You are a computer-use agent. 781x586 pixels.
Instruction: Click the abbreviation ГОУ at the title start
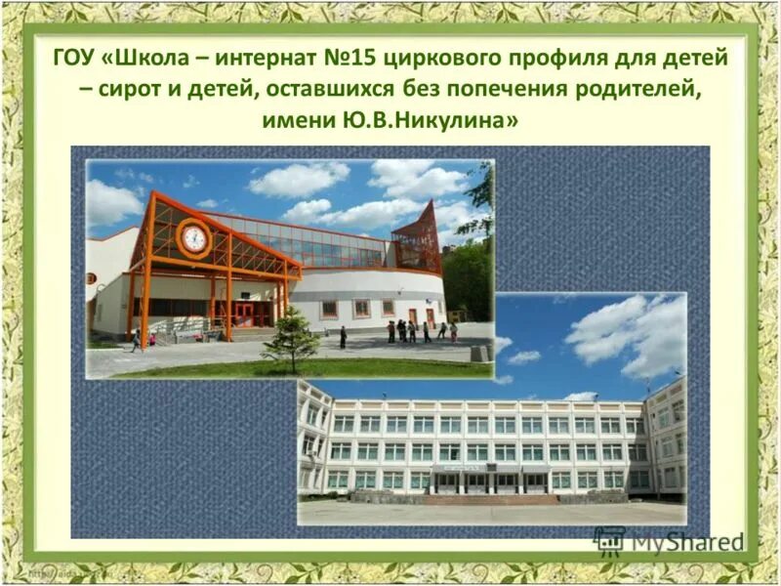click(73, 58)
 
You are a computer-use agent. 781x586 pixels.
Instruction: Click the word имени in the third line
click(297, 121)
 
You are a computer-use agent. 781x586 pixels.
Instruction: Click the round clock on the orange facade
click(194, 238)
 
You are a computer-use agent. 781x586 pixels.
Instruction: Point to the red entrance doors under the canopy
click(242, 314)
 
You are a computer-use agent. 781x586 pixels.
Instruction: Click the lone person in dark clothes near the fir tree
click(343, 337)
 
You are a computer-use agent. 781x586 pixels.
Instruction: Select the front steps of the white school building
click(491, 499)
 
